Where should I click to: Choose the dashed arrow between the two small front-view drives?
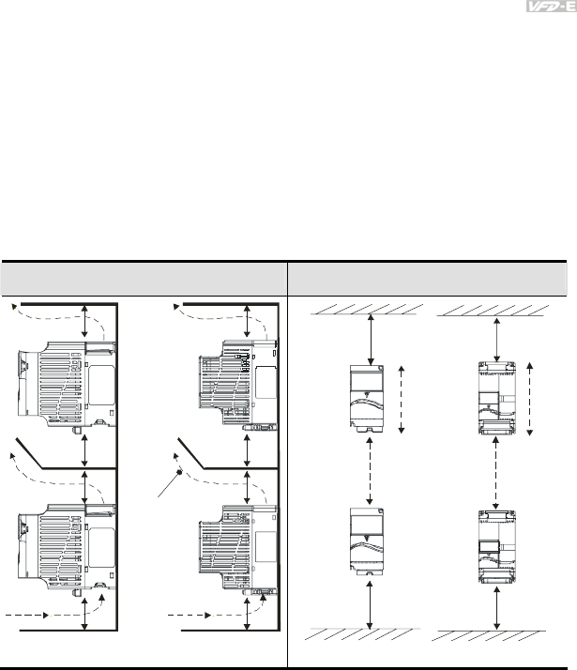[373, 471]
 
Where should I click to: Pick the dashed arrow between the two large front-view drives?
[495, 471]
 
